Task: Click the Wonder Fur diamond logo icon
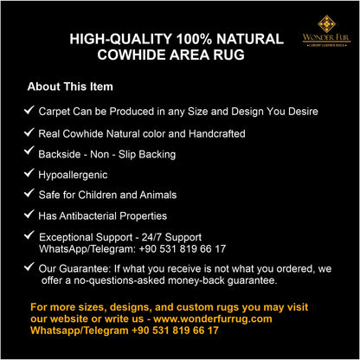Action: click(325, 23)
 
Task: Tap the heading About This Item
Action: click(70, 87)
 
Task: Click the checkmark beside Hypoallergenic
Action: click(29, 173)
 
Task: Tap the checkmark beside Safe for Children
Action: click(29, 194)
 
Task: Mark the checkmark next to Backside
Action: click(29, 152)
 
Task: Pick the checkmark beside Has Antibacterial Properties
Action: click(29, 214)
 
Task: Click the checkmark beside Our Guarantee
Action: click(29, 267)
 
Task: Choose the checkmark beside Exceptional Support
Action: click(29, 235)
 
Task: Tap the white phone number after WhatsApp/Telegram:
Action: click(183, 248)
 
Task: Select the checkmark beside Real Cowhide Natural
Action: click(29, 132)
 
